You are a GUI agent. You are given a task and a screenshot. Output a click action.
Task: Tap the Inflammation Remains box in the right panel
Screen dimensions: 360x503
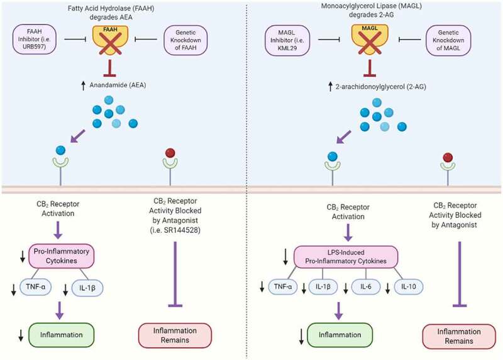pos(448,338)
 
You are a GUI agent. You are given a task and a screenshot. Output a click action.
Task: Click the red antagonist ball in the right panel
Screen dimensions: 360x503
pos(448,155)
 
